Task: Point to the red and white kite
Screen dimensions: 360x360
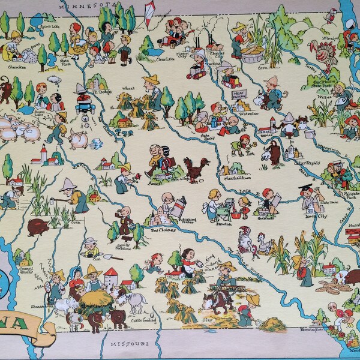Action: click(150, 13)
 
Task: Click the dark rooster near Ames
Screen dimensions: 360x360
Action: click(196, 167)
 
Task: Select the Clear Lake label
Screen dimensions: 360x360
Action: click(152, 59)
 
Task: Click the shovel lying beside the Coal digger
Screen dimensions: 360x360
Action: click(107, 256)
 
